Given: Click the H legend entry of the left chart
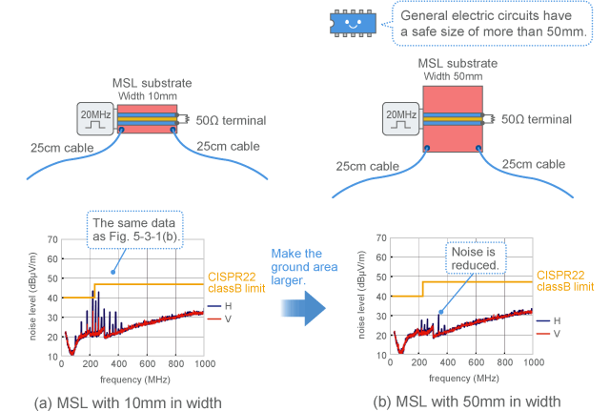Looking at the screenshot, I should (x=219, y=306).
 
